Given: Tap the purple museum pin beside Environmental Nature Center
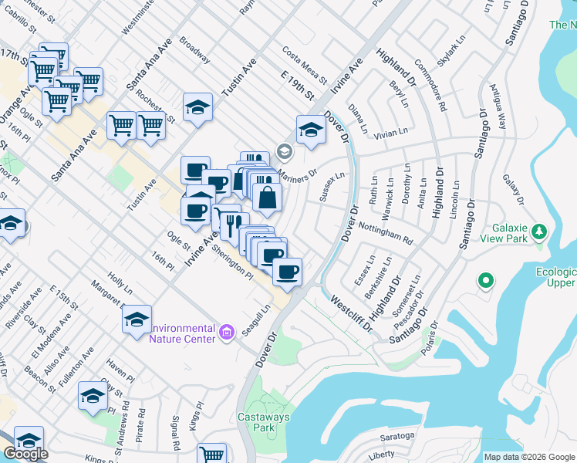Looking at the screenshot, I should (227, 333).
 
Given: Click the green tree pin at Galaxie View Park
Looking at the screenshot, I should (540, 231).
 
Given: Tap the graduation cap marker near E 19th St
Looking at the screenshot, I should (311, 130).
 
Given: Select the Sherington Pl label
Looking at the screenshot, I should (233, 262).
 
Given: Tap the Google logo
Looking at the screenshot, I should (25, 455).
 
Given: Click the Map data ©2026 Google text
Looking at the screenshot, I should (529, 457).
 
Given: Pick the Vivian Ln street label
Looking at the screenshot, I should (390, 133).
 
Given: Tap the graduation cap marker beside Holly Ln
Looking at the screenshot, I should (136, 319).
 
